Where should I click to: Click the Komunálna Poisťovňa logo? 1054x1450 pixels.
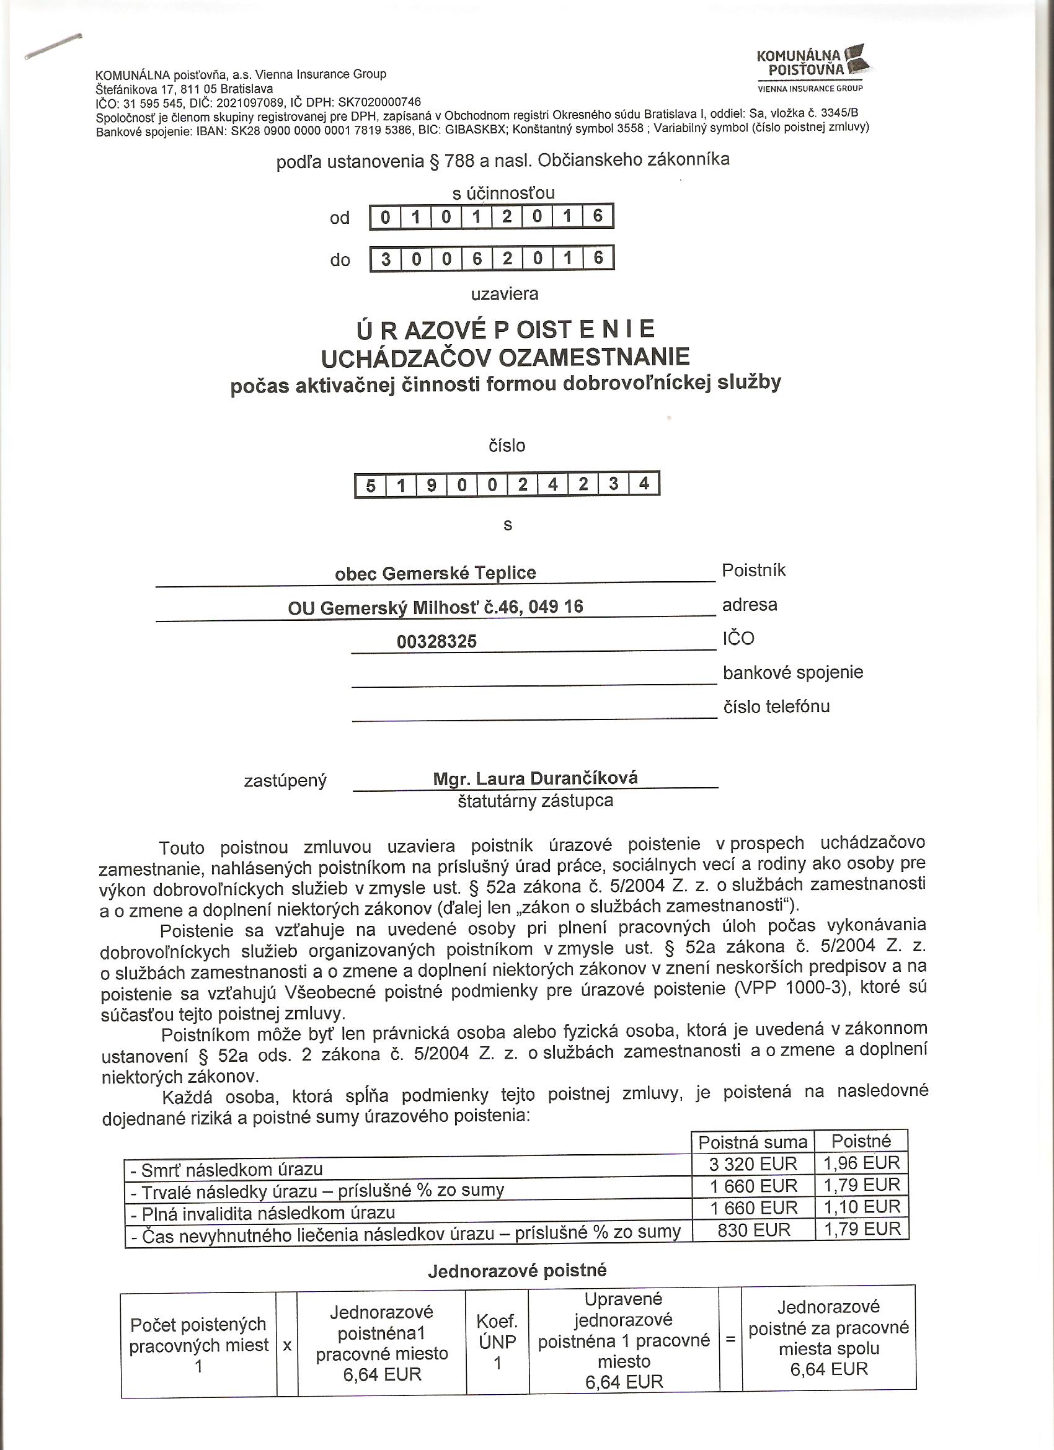[810, 67]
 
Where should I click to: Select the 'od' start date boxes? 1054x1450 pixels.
[492, 216]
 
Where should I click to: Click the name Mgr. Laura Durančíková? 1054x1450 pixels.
[535, 778]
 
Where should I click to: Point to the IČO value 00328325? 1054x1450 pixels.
[436, 641]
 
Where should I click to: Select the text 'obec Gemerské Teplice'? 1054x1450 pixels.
[435, 573]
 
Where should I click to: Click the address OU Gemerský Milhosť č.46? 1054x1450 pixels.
[435, 607]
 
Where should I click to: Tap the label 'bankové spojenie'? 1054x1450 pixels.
[792, 672]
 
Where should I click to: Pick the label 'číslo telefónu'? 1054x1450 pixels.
[776, 706]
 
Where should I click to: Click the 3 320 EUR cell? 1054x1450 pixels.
[753, 1163]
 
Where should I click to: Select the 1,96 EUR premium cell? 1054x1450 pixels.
[862, 1162]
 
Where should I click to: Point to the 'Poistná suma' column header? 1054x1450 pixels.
[753, 1142]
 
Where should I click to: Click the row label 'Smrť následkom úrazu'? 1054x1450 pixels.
[226, 1169]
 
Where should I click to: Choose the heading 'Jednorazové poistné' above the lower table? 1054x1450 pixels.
[517, 1270]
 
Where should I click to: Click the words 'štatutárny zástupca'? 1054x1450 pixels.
[535, 801]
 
